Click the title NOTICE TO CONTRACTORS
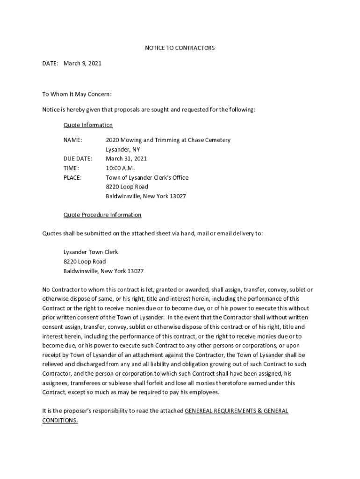click(180, 48)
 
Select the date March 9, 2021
click(82, 63)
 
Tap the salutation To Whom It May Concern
click(77, 94)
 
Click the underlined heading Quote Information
click(88, 125)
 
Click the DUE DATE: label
click(78, 159)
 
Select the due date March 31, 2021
click(126, 159)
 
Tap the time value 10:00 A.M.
click(120, 168)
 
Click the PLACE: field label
click(72, 177)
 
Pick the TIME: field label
click(71, 168)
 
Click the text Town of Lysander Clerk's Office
click(147, 177)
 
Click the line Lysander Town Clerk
click(91, 252)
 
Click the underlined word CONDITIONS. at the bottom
click(60, 421)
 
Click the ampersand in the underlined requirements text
click(259, 411)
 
